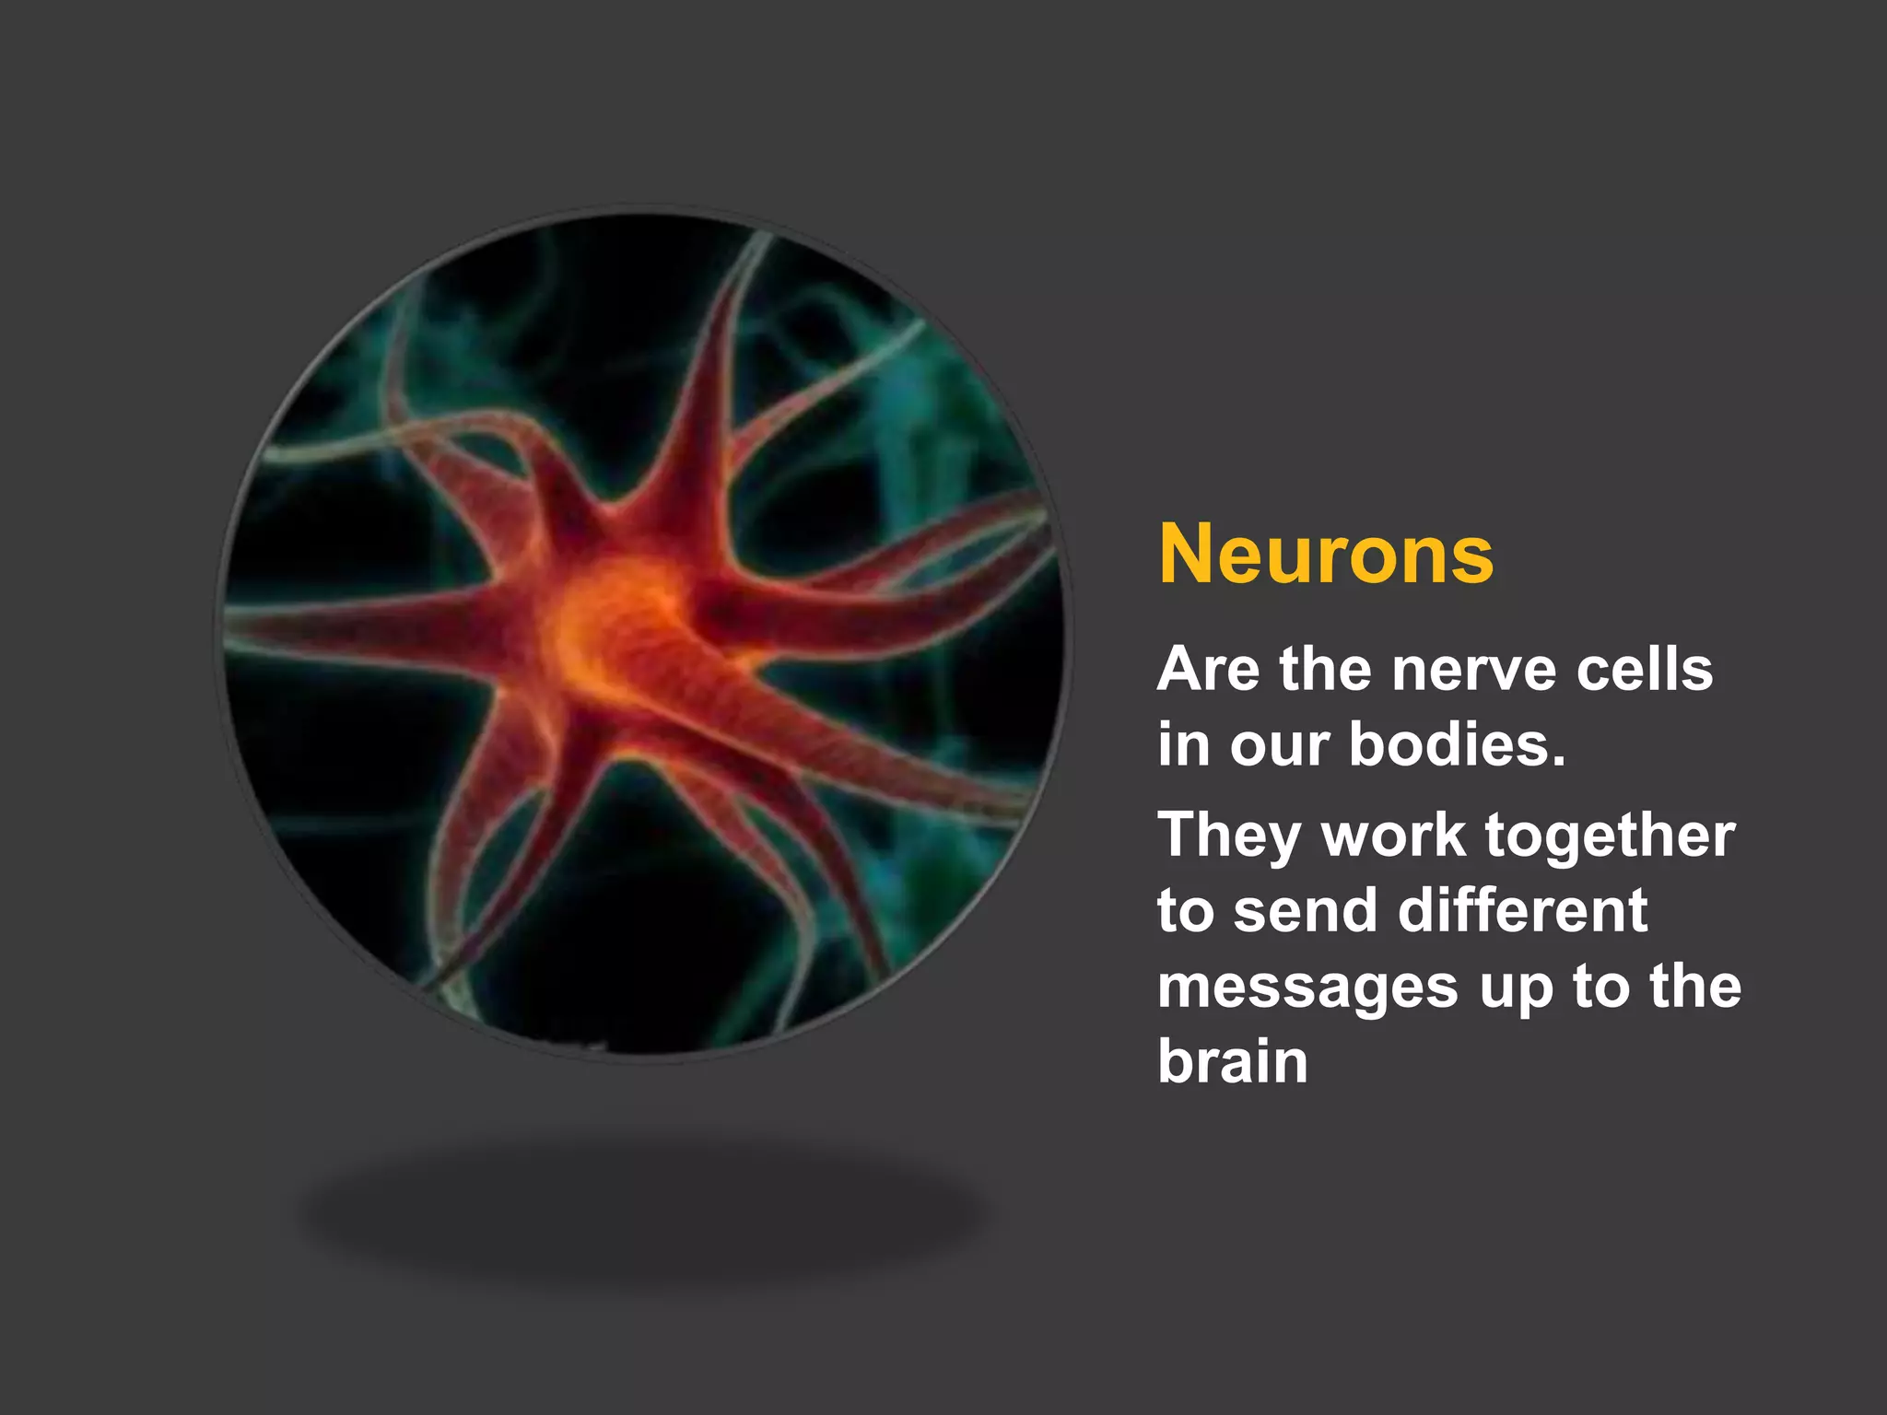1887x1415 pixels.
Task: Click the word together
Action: pos(1610,836)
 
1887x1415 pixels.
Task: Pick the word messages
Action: pos(1307,988)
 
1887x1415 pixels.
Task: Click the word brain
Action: pos(1232,1061)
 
